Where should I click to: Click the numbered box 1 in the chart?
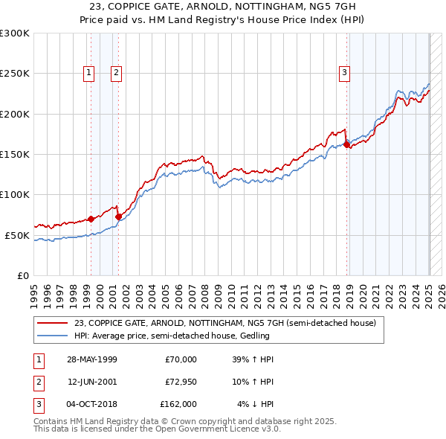(x=89, y=72)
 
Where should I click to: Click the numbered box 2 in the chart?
(x=117, y=72)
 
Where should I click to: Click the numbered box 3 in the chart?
(x=345, y=72)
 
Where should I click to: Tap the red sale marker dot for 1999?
(x=91, y=219)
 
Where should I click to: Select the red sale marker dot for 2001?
(x=118, y=217)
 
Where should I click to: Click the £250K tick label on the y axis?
(x=15, y=74)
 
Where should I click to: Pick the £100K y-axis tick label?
(x=15, y=194)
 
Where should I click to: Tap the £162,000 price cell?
(x=178, y=404)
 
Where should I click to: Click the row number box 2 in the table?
(x=38, y=382)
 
